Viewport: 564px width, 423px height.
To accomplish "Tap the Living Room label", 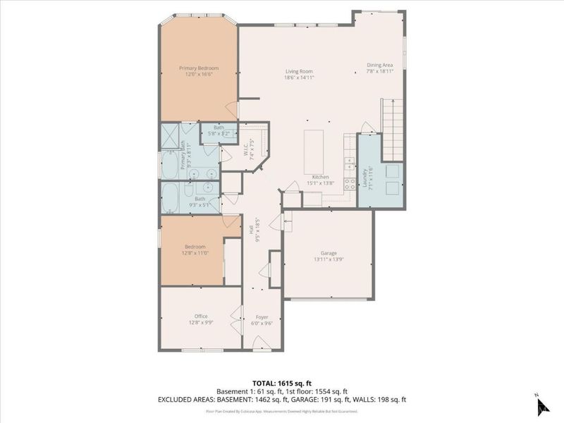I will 299,71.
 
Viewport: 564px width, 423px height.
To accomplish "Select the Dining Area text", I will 379,66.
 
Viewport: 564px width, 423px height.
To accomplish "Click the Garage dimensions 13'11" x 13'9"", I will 329,259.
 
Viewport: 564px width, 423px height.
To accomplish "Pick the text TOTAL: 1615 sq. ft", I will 281,381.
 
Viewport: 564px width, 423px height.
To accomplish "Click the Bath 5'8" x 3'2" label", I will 219,130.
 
